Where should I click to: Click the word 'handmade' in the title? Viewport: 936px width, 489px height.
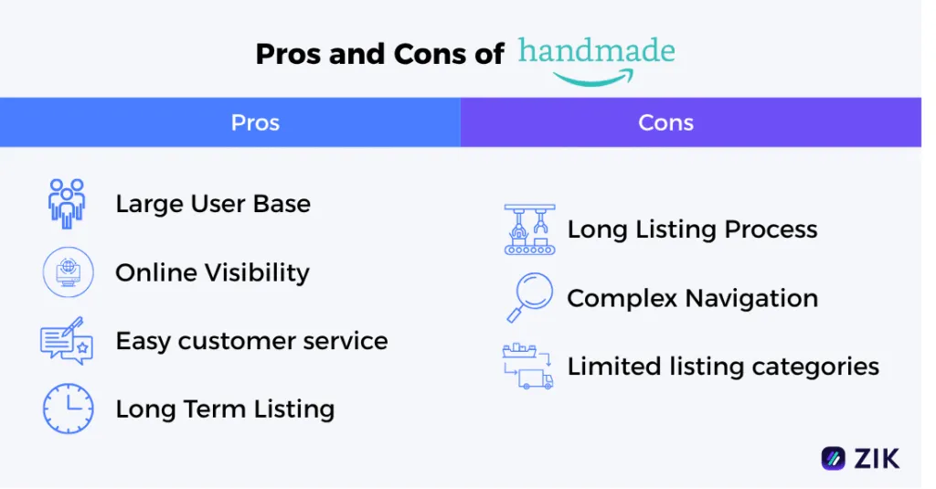pyautogui.click(x=596, y=51)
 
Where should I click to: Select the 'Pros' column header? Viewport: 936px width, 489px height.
pyautogui.click(x=255, y=122)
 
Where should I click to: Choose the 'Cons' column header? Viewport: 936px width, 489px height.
pyautogui.click(x=665, y=122)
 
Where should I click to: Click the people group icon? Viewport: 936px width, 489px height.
pyautogui.click(x=67, y=203)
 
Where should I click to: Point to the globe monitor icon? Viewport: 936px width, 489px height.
pyautogui.click(x=68, y=272)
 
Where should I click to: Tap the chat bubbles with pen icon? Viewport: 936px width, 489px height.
pyautogui.click(x=67, y=341)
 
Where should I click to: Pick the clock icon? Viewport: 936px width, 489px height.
pyautogui.click(x=68, y=409)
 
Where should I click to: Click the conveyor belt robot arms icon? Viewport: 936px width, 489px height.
pyautogui.click(x=529, y=229)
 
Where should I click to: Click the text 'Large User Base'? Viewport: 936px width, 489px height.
pyautogui.click(x=213, y=204)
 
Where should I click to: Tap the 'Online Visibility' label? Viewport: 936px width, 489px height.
pyautogui.click(x=212, y=272)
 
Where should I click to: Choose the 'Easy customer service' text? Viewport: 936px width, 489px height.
pyautogui.click(x=251, y=341)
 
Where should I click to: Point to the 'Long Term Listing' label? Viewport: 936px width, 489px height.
pyautogui.click(x=225, y=409)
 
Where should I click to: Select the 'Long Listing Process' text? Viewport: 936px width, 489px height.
pyautogui.click(x=692, y=229)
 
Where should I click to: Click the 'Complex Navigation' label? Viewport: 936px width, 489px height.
pyautogui.click(x=692, y=299)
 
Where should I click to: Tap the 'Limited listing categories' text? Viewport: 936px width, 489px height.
pyautogui.click(x=722, y=367)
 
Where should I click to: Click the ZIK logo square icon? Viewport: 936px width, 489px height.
pyautogui.click(x=833, y=458)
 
